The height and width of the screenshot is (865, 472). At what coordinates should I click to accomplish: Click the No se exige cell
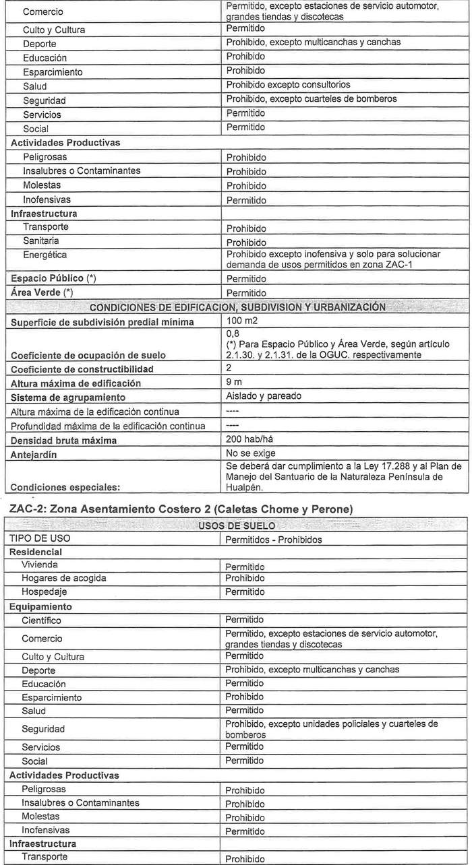point(251,453)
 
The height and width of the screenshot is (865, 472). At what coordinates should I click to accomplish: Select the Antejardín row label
point(34,455)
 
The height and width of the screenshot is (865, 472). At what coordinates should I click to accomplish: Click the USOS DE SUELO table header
point(235,525)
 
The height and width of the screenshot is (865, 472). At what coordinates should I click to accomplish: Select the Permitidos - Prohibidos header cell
point(273,540)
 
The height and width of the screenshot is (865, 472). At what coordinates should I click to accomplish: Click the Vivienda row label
point(39,565)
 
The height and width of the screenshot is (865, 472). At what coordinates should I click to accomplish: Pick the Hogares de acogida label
point(63,578)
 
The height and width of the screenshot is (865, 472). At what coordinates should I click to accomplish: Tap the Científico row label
point(41,620)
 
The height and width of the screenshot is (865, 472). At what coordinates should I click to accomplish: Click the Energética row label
point(45,255)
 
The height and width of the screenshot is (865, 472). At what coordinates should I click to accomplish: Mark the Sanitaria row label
point(40,241)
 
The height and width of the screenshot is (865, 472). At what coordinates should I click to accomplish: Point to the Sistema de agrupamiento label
point(68,397)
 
